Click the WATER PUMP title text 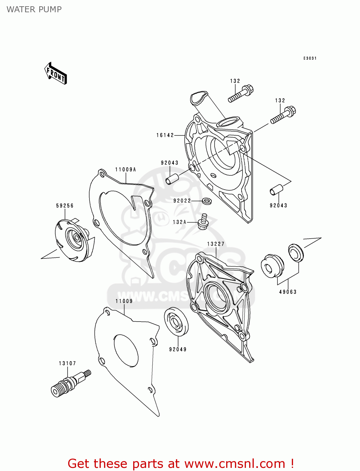click(x=34, y=9)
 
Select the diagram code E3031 click(x=310, y=58)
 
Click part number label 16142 click(x=165, y=135)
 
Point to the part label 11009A click(x=126, y=170)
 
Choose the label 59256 click(x=65, y=206)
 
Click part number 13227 click(x=216, y=244)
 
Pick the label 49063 click(x=288, y=292)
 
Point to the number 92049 click(x=178, y=349)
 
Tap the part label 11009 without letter click(x=124, y=301)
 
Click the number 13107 click(x=67, y=363)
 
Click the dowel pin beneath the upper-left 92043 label click(x=172, y=179)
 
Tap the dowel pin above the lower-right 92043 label click(x=276, y=190)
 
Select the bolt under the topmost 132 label click(x=241, y=93)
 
